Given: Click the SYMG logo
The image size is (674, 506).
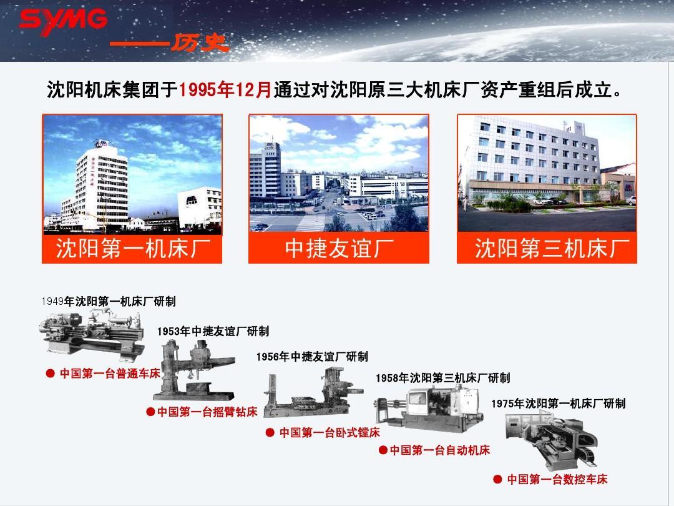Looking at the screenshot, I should tap(62, 21).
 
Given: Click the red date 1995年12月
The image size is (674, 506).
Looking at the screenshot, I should tap(226, 91).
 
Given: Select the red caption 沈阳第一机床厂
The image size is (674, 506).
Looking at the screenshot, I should tap(132, 249).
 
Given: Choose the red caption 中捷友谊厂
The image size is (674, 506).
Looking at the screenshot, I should tap(339, 249).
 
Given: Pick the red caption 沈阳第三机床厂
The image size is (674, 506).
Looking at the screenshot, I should tap(547, 249).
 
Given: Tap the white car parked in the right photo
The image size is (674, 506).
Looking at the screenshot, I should tap(632, 201).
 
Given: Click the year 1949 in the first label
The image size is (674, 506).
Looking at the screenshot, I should tap(52, 301).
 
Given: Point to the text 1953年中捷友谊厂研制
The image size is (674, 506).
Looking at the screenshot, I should tap(213, 331).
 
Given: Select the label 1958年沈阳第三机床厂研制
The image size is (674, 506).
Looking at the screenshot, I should tap(442, 378).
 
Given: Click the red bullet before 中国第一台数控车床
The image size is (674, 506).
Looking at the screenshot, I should tap(497, 479).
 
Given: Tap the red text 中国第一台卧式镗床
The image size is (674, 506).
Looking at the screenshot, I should tap(330, 432).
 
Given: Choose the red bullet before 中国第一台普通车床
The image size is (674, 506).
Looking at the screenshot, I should tap(51, 374).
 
